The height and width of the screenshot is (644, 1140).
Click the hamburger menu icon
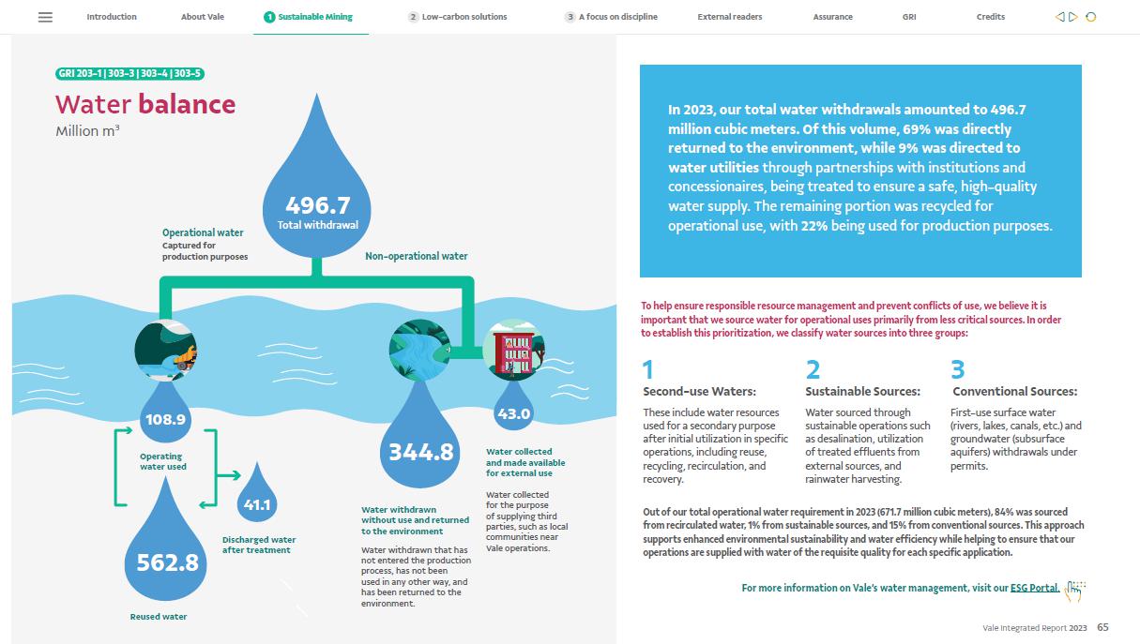point(45,17)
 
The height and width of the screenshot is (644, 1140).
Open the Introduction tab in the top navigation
point(112,17)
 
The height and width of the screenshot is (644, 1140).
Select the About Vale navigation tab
point(203,17)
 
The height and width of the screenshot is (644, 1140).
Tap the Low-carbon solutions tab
point(464,17)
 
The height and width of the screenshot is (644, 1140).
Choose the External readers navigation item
point(730,17)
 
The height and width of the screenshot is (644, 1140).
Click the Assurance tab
point(833,17)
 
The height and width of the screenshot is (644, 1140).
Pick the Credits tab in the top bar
point(990,17)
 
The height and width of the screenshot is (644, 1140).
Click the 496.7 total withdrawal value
point(317,205)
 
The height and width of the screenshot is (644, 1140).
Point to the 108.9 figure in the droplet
point(165,419)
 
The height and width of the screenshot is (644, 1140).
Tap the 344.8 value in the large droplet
point(421,453)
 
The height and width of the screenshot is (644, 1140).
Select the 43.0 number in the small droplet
point(513,413)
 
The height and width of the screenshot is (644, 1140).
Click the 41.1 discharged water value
point(256,504)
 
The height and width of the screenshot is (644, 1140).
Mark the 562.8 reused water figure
point(167,562)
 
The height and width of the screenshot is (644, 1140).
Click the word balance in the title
point(187,103)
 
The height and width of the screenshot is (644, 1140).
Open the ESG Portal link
point(1034,588)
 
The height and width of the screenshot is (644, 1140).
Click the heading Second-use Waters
point(699,391)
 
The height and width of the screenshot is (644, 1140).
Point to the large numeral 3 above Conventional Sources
point(957,369)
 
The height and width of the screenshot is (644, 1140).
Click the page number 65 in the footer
point(1102,627)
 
